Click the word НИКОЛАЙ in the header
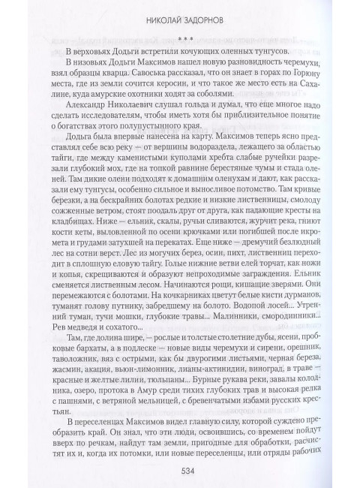point(151,14)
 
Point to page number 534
point(180,470)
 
